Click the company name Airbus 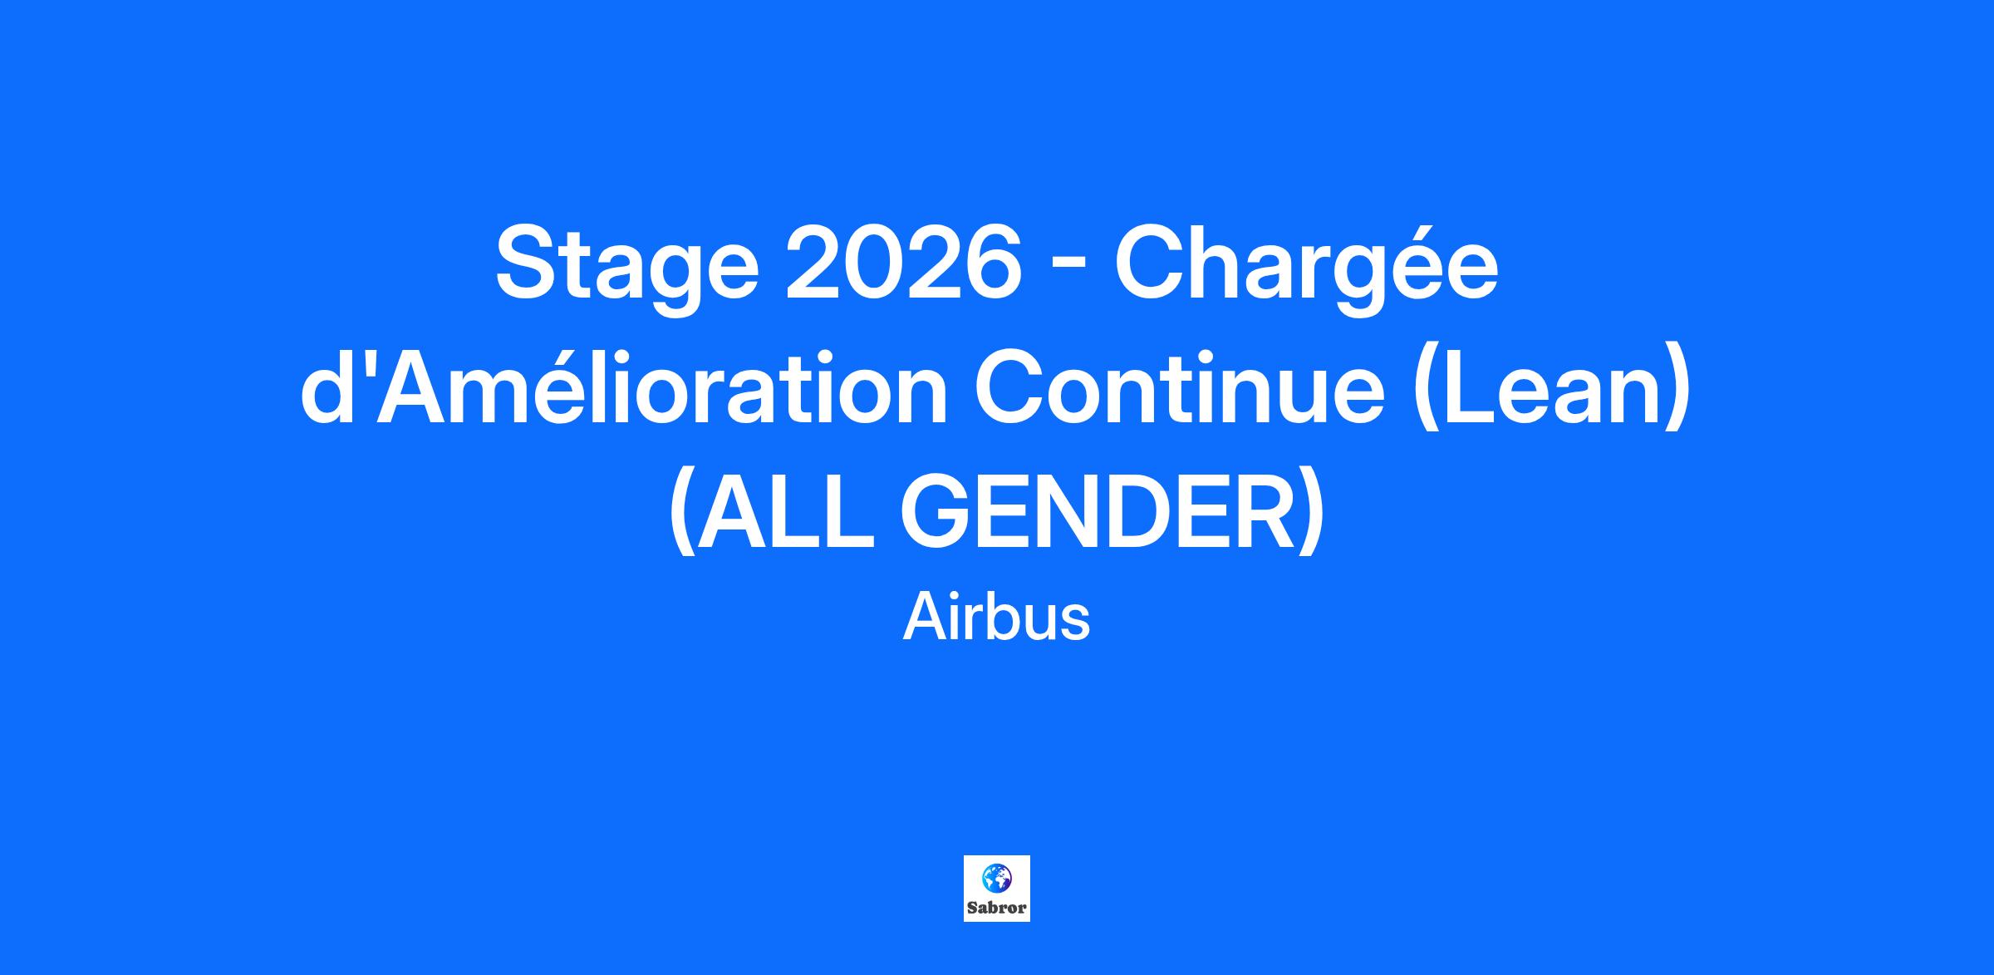tap(996, 618)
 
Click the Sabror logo tap(997, 889)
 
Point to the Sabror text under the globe tap(997, 908)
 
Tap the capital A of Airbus tap(924, 618)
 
